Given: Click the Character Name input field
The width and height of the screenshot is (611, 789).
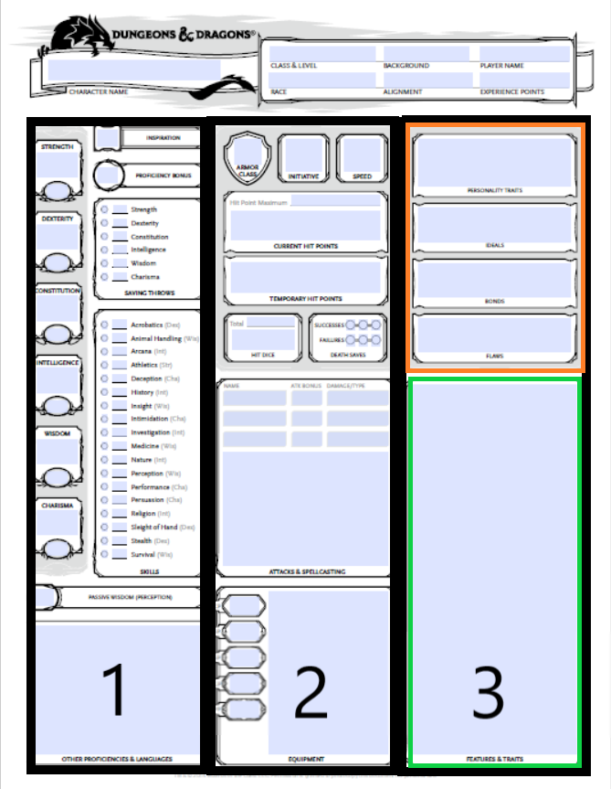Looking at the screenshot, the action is [x=133, y=69].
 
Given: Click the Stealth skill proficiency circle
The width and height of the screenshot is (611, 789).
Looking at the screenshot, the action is [x=105, y=540].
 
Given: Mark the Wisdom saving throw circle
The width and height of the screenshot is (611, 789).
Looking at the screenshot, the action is [x=105, y=263].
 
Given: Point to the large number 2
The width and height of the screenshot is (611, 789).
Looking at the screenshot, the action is [x=311, y=692].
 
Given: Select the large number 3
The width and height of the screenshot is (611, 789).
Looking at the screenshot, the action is [x=489, y=692].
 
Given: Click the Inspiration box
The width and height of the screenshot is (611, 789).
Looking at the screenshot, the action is [x=108, y=138].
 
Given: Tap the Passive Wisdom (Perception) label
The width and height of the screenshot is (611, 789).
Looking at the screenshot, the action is [x=130, y=598].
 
